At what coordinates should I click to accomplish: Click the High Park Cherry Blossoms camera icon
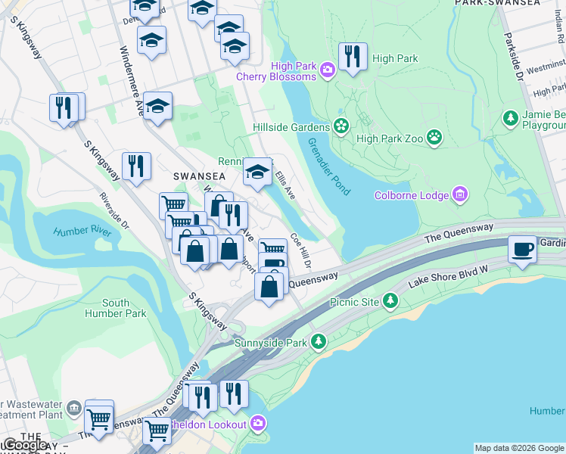point(328,70)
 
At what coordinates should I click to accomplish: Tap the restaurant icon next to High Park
point(353,58)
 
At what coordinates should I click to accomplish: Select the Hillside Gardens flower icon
point(341,126)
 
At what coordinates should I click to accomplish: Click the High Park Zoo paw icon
point(434,138)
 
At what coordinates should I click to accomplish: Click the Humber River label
point(82,232)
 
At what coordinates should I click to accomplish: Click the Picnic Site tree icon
point(390,301)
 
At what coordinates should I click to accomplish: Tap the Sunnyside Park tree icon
point(319,342)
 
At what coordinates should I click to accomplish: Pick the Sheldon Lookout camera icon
point(257,424)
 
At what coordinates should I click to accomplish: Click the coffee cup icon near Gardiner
point(522,250)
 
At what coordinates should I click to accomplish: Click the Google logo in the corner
point(25,445)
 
